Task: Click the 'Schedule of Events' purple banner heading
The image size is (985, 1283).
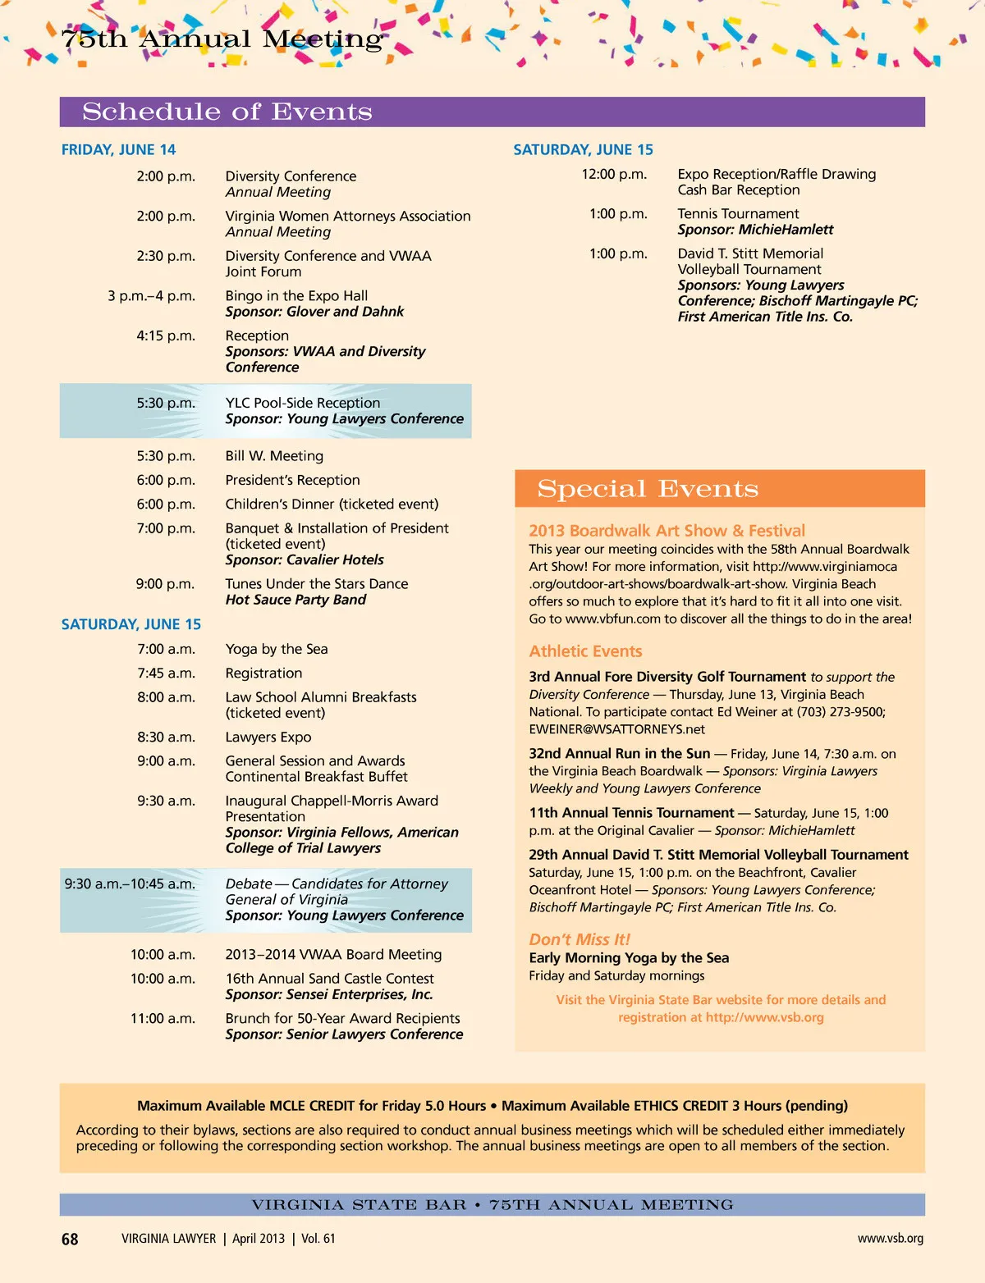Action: [x=227, y=112]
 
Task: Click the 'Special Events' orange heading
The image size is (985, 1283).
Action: [x=648, y=489]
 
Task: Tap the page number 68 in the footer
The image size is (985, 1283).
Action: [x=70, y=1239]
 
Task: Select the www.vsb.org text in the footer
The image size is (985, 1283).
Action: [x=890, y=1238]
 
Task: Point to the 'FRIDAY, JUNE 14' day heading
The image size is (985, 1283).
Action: [x=118, y=149]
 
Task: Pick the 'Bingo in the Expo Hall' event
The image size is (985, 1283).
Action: [x=296, y=295]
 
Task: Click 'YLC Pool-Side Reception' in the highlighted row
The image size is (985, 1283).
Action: [x=302, y=403]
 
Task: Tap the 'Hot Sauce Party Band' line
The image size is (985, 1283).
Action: [x=295, y=600]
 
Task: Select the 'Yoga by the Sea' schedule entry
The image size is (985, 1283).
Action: [x=277, y=649]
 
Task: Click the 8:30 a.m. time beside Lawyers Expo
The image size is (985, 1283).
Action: [x=166, y=737]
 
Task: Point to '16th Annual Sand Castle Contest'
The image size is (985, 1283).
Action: [x=329, y=979]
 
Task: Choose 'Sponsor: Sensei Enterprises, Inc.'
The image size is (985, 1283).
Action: [x=328, y=994]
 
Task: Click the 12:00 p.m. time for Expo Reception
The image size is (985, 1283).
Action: [x=614, y=174]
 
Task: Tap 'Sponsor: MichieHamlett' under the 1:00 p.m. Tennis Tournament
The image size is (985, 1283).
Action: [x=755, y=230]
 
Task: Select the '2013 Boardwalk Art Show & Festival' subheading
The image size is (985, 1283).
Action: [x=667, y=531]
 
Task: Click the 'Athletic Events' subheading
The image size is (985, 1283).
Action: [x=585, y=651]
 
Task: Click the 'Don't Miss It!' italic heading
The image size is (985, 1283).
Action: [x=579, y=939]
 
